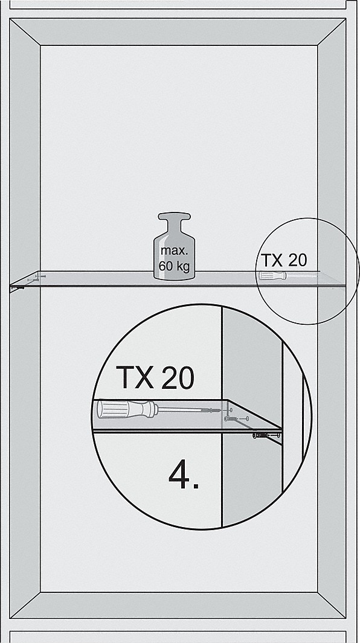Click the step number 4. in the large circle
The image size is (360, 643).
(x=184, y=475)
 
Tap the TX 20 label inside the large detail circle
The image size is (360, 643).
(x=155, y=377)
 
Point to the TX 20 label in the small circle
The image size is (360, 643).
(x=284, y=260)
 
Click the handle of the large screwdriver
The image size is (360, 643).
(x=127, y=409)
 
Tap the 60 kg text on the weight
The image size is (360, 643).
(x=174, y=266)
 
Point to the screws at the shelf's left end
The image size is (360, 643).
(x=34, y=279)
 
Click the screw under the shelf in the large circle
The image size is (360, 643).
(x=267, y=435)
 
